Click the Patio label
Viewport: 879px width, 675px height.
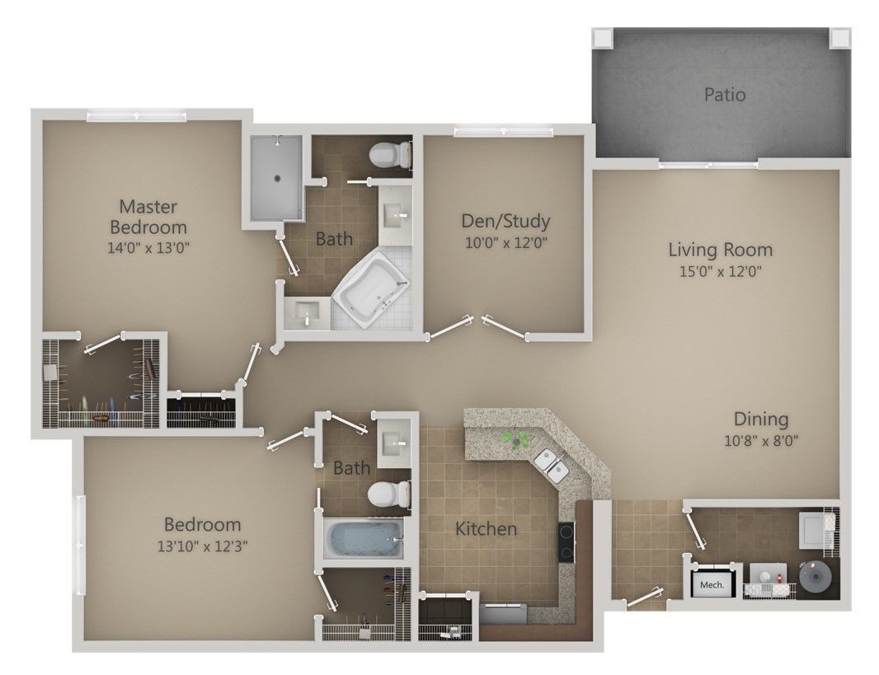tap(725, 95)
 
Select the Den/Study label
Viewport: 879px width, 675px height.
tap(505, 221)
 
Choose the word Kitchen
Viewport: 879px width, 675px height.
tap(487, 528)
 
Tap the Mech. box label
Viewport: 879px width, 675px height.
tap(712, 585)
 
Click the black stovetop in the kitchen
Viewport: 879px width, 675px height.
tap(566, 541)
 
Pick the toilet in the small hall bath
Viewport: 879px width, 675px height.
tap(387, 494)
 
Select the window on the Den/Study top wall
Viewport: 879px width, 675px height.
tap(503, 130)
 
